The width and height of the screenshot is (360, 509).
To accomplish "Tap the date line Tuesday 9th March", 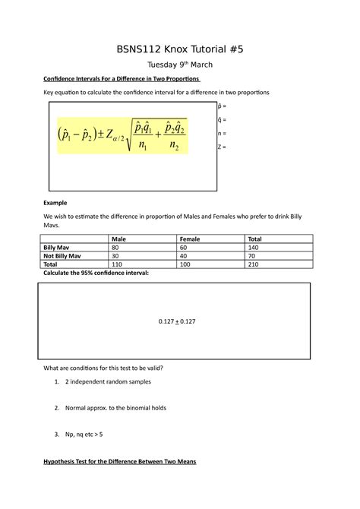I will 180,65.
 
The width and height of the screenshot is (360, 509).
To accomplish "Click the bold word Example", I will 55,204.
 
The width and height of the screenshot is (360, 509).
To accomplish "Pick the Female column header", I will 190,239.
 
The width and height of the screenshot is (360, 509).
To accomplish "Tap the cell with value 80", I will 115,248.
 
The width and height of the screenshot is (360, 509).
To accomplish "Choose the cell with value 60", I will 184,248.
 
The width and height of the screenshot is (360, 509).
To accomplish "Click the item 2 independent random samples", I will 109,381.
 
